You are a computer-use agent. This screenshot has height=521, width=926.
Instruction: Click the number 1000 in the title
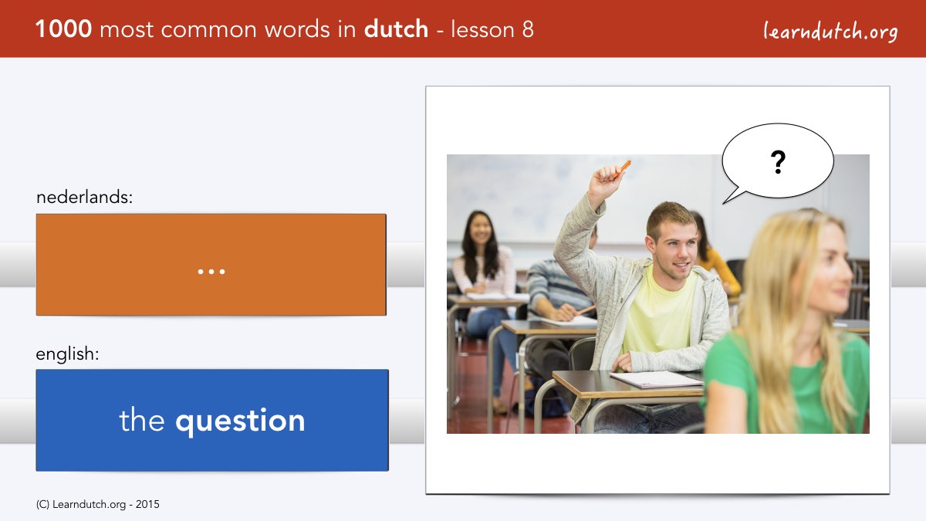[63, 29]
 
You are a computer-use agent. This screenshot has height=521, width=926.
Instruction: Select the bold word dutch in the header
[396, 29]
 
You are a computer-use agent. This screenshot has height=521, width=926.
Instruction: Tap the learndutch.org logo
[830, 32]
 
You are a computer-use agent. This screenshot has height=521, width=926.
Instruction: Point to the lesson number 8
[528, 29]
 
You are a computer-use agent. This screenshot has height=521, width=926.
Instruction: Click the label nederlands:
[84, 197]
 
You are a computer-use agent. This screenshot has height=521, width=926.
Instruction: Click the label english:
[67, 354]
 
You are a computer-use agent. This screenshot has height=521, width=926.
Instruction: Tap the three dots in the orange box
[211, 272]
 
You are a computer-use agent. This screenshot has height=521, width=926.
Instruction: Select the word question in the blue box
[240, 421]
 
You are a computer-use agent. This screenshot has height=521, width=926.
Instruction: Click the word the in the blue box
[142, 419]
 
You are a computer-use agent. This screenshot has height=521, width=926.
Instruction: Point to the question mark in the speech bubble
[778, 162]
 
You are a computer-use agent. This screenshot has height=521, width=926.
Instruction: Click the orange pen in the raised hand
[623, 168]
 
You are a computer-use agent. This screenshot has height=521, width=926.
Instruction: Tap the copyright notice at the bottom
[97, 505]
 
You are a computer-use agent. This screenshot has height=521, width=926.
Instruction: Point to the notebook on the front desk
[657, 380]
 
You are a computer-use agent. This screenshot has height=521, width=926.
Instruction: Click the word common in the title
[209, 30]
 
